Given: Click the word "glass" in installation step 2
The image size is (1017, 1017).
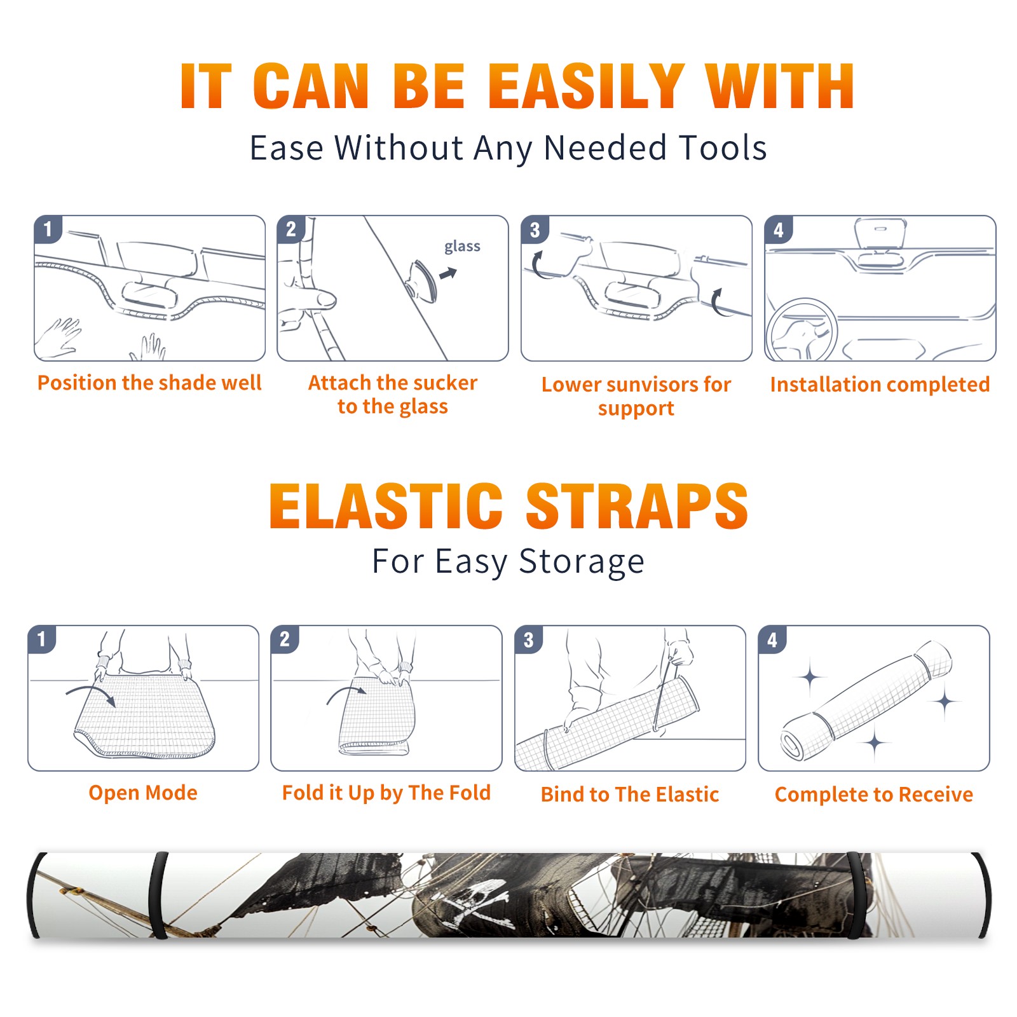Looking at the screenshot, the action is (462, 247).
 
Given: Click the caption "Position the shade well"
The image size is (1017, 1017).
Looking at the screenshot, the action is (149, 383).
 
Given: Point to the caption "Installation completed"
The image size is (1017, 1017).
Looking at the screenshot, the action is (880, 385).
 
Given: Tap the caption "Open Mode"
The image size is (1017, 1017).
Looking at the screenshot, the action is (143, 793).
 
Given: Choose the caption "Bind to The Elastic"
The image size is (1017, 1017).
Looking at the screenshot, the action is (630, 795).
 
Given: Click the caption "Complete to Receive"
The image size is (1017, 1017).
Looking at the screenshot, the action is (874, 795).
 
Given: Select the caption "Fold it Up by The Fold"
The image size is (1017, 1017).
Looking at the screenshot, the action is (386, 793).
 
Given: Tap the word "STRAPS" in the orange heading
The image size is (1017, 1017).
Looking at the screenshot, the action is (637, 506).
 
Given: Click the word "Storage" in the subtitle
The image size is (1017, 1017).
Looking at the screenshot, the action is (582, 562).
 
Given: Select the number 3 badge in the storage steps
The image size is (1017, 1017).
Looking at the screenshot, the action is (529, 639).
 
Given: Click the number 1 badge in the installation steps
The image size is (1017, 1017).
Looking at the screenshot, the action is (48, 229).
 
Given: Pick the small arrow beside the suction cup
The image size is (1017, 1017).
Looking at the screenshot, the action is (449, 273).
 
